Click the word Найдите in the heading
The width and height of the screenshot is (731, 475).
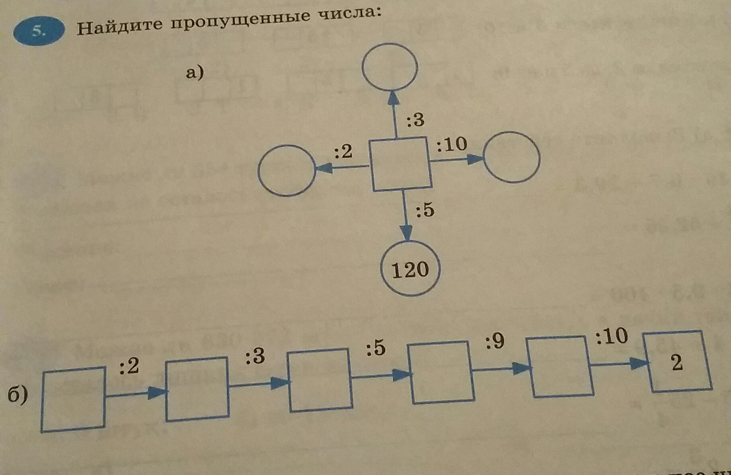119,26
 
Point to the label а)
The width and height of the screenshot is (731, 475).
195,73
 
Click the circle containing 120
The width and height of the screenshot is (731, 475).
410,269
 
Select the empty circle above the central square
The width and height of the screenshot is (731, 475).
389,67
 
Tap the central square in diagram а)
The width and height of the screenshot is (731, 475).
401,164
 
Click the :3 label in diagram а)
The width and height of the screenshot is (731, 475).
416,119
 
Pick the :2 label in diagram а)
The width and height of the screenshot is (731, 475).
343,152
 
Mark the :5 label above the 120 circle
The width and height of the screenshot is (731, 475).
425,210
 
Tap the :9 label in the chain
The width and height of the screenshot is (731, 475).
494,341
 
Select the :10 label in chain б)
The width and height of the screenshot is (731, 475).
612,336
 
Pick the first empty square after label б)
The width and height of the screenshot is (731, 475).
73,399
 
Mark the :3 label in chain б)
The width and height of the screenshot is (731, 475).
255,356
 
